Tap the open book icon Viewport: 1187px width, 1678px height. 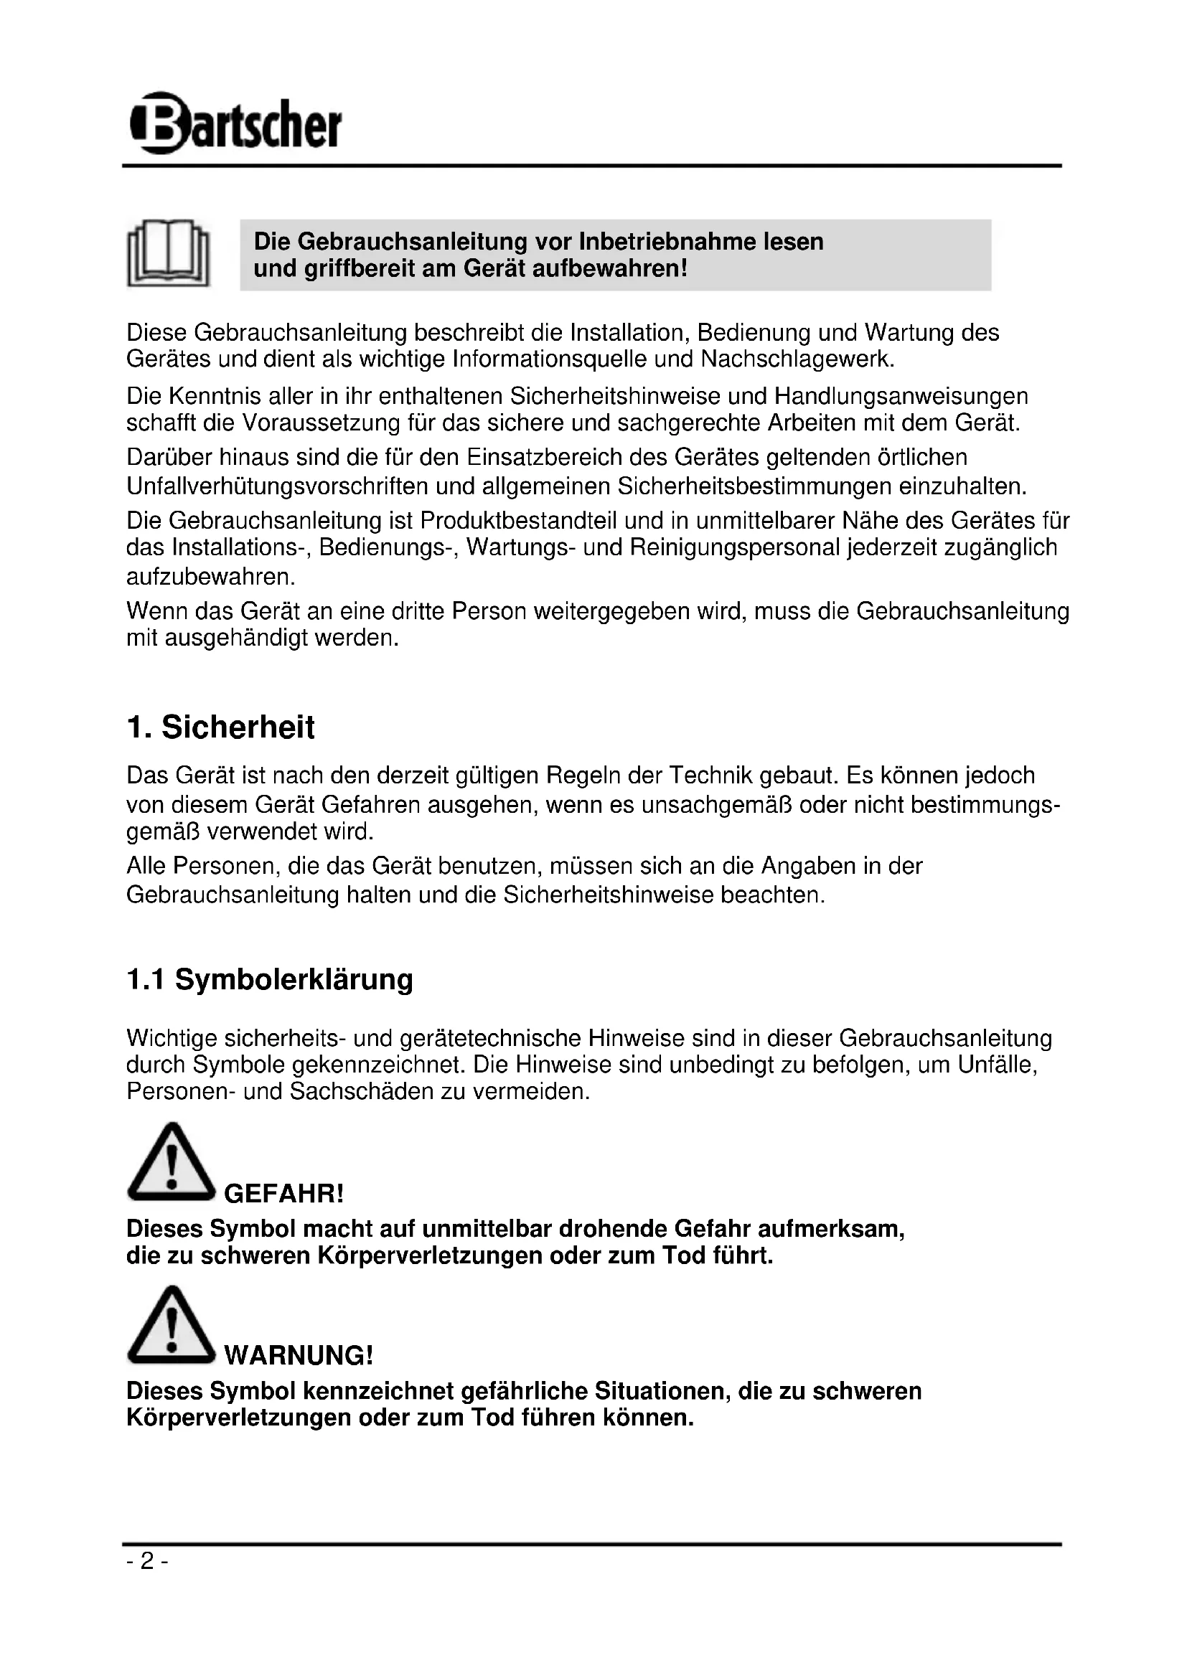click(169, 253)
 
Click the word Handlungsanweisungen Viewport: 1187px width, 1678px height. click(901, 397)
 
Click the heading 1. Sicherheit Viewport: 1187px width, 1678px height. click(221, 728)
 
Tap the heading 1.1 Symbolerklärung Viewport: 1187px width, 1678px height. click(270, 980)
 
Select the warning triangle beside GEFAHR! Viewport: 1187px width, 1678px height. click(171, 1163)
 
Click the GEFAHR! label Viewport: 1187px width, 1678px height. click(283, 1195)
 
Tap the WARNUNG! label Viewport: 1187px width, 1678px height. click(299, 1357)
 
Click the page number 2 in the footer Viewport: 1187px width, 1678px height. click(148, 1562)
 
